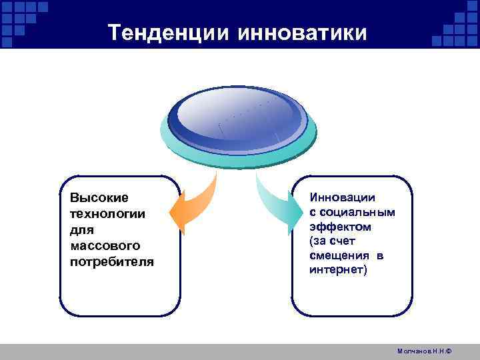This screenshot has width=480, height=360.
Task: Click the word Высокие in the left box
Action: (x=99, y=198)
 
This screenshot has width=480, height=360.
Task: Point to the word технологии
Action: (x=107, y=214)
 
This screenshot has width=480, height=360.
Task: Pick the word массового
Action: (x=103, y=246)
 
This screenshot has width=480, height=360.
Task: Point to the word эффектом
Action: (x=341, y=227)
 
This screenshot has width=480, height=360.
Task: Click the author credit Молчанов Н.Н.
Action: (x=423, y=351)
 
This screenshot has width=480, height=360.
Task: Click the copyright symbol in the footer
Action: (x=449, y=351)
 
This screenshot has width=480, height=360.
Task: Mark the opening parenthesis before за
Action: (x=311, y=241)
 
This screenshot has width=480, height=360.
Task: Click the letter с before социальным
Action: (x=313, y=213)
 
